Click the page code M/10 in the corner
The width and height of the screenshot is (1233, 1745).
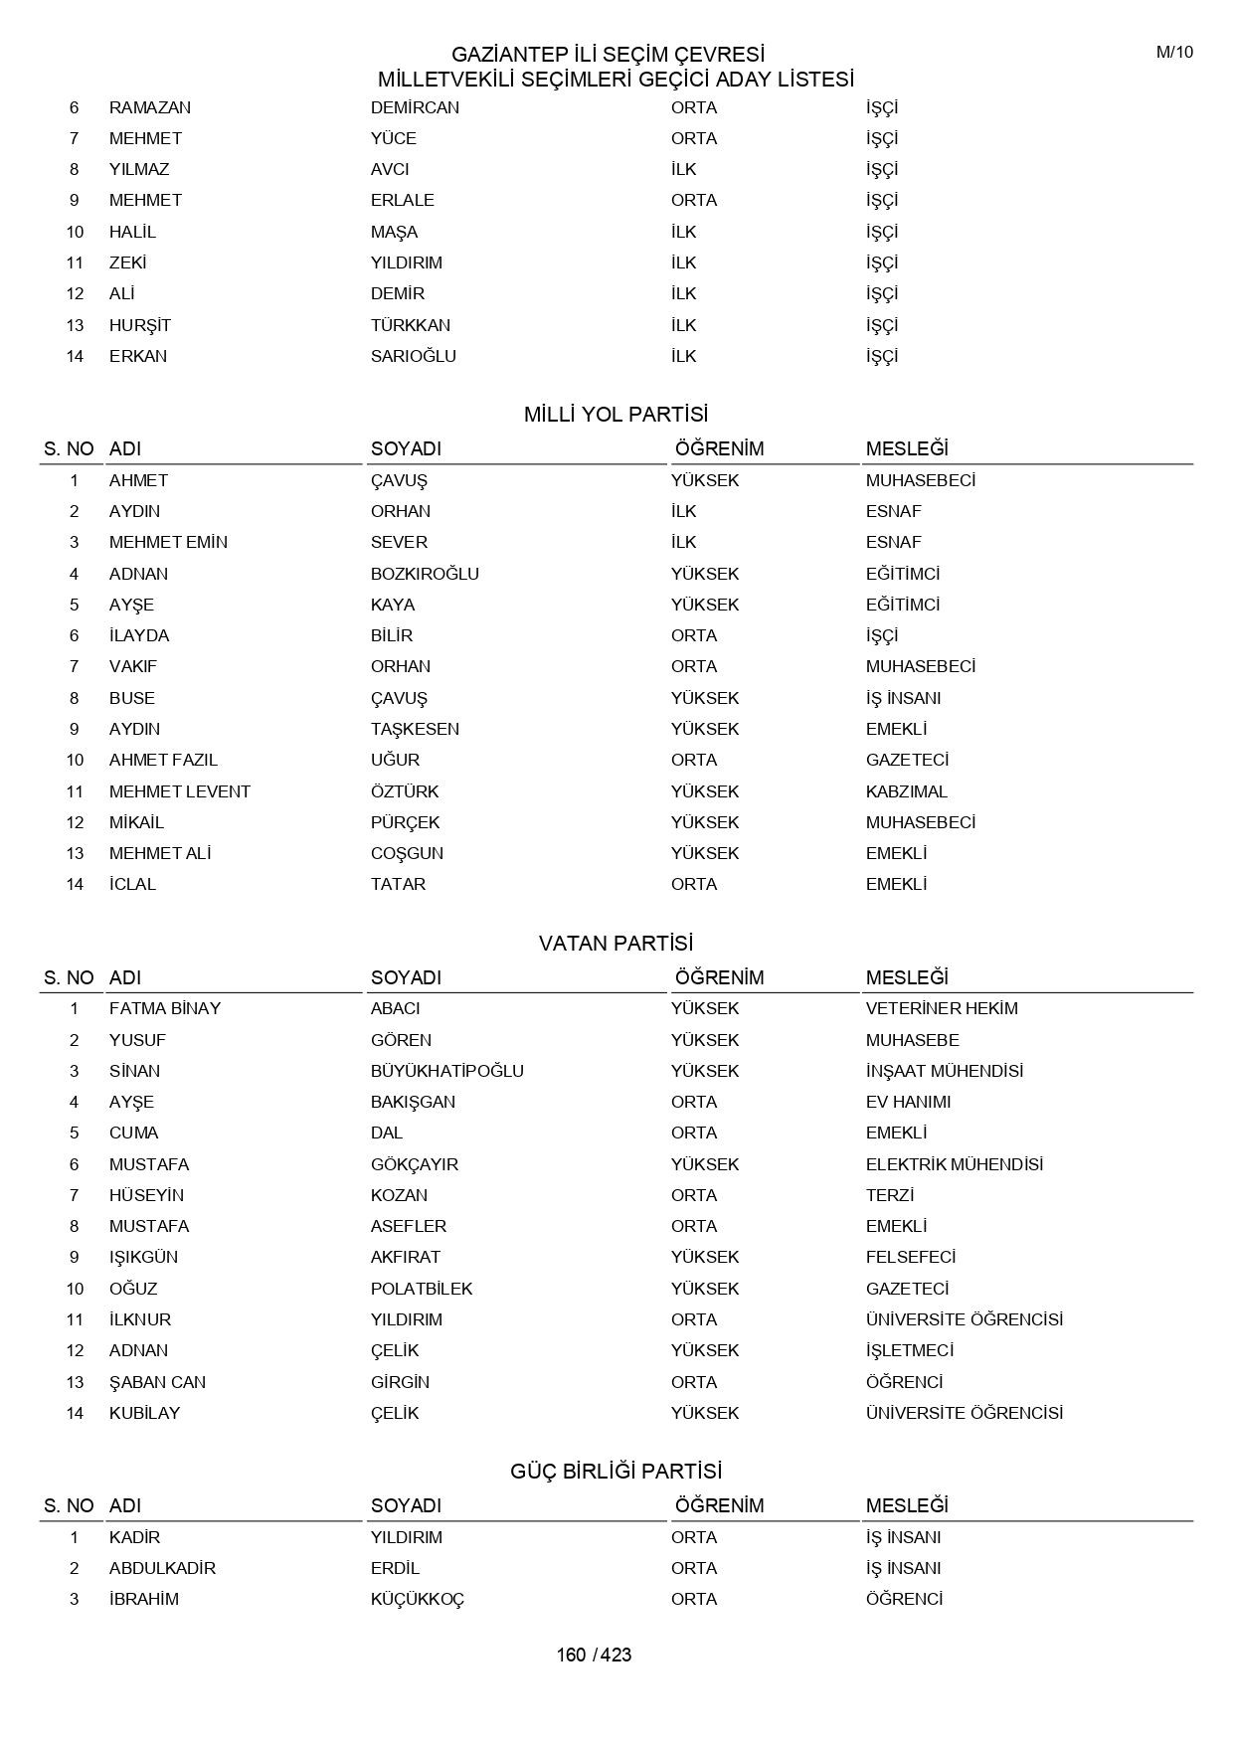click(1174, 53)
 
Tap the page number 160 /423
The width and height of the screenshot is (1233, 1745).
click(594, 1655)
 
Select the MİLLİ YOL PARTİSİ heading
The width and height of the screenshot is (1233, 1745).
click(616, 415)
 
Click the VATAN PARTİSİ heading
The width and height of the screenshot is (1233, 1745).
click(616, 943)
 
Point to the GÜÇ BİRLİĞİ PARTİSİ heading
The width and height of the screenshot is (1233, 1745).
click(616, 1471)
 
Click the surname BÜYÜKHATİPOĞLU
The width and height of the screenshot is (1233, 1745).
click(446, 1071)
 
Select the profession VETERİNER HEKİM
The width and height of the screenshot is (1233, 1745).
click(942, 1008)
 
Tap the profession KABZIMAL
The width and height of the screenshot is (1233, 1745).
click(906, 791)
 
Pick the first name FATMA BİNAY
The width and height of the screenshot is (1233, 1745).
click(165, 1008)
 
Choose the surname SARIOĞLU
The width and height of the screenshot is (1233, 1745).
click(413, 356)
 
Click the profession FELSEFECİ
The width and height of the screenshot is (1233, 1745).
click(910, 1257)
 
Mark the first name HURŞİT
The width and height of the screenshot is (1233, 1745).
click(140, 325)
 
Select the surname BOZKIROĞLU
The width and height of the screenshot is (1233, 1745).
click(425, 574)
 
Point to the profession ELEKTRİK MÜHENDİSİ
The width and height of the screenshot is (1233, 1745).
click(954, 1164)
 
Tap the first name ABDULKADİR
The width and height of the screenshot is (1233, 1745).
click(162, 1568)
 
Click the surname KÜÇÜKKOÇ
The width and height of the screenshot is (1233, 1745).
click(418, 1599)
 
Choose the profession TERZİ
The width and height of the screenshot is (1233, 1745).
click(889, 1195)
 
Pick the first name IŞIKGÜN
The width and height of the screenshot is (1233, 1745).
click(143, 1257)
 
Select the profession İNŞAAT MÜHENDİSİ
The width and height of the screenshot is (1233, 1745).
click(944, 1071)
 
